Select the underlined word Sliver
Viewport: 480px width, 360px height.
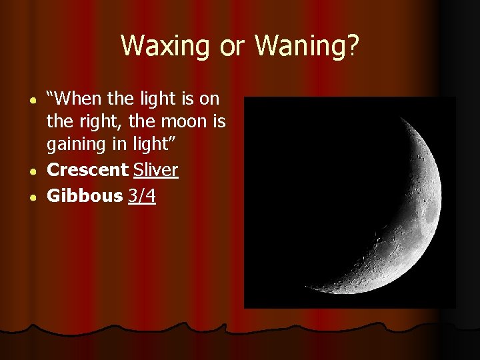[x=155, y=170]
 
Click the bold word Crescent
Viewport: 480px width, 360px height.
[x=87, y=170]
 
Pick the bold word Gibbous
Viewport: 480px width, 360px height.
[x=85, y=196]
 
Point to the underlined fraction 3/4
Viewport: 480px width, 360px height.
[x=142, y=196]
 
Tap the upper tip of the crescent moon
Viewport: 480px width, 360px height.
[x=403, y=117]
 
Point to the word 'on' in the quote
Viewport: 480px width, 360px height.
[x=209, y=99]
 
